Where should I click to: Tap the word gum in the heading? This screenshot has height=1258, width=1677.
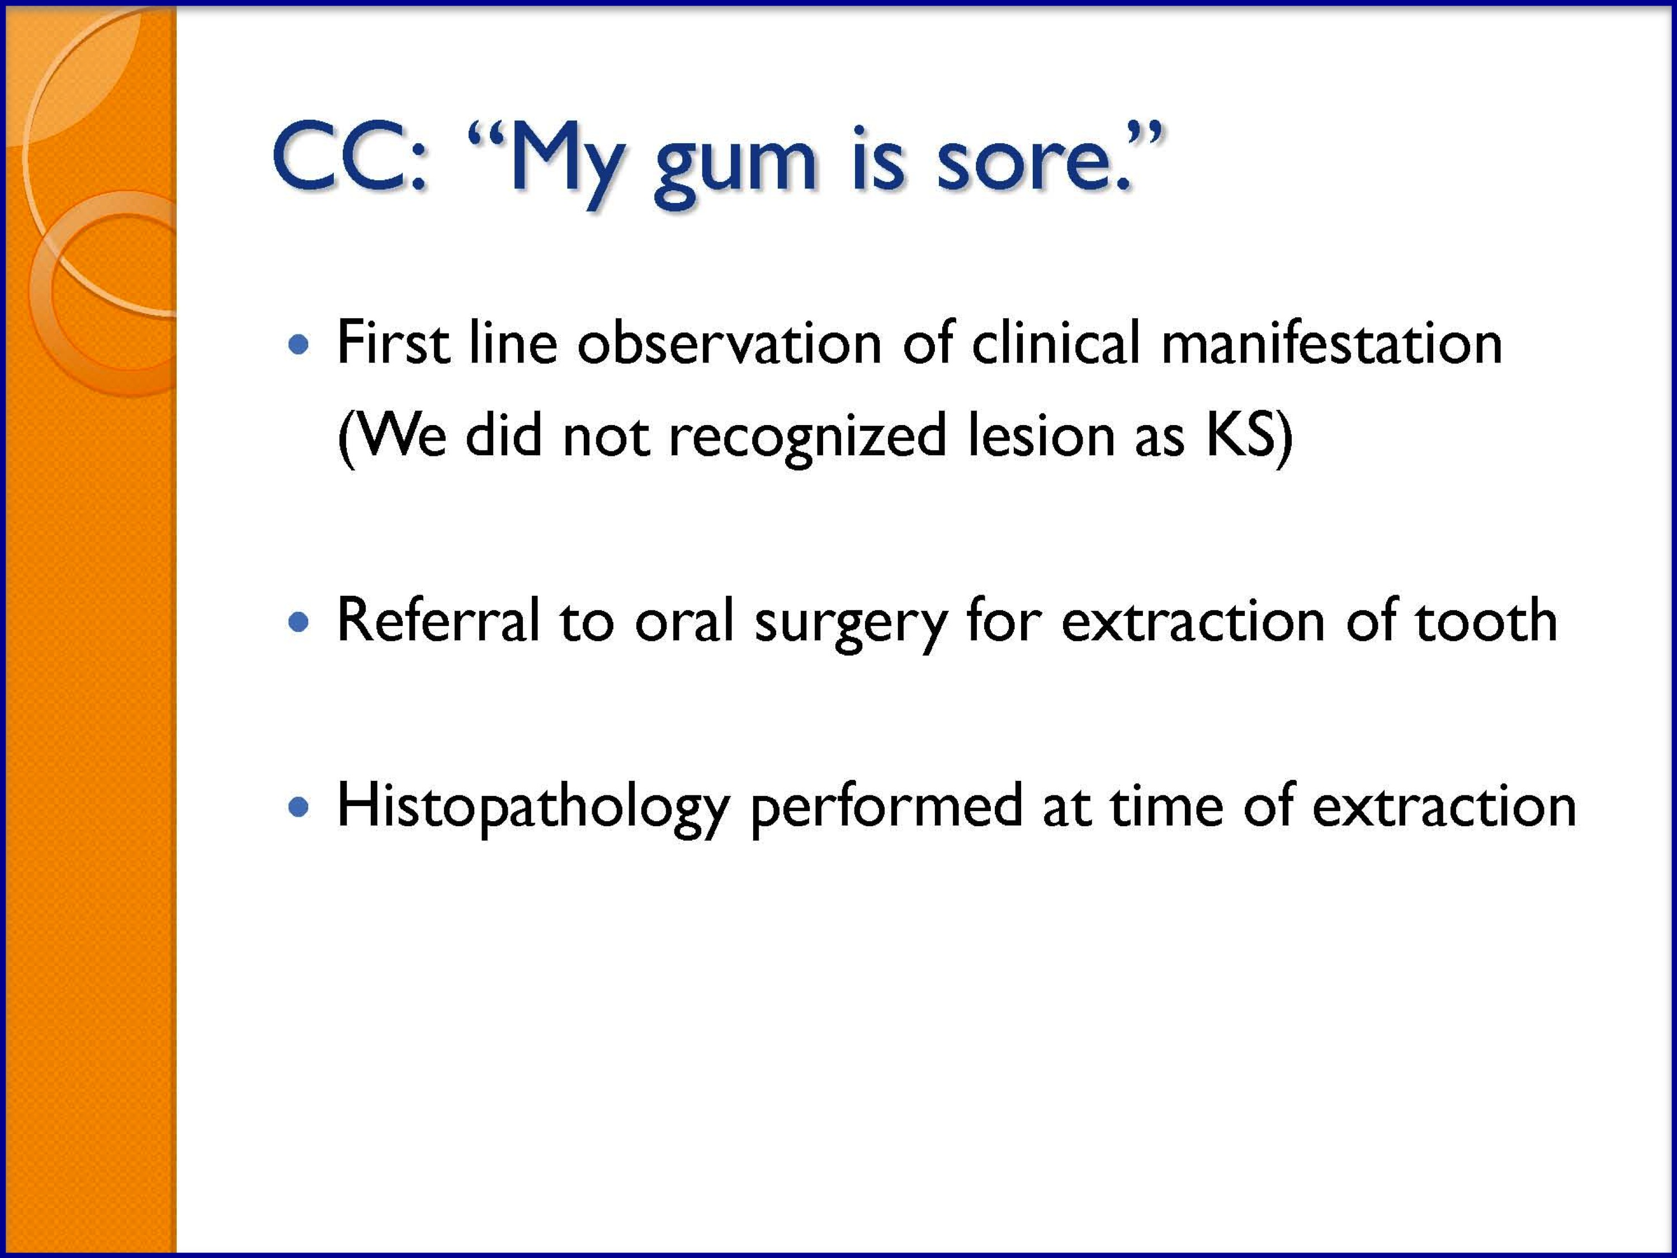coord(735,168)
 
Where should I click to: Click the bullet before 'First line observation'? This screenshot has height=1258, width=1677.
coord(300,346)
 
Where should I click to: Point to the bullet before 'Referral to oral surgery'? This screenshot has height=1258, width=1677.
coord(300,623)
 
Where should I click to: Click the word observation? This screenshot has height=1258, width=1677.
coord(729,343)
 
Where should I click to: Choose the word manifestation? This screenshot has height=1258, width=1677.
coord(1331,343)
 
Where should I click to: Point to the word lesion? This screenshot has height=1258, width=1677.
coord(1040,436)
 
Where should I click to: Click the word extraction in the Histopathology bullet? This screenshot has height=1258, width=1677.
coord(1445,806)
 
